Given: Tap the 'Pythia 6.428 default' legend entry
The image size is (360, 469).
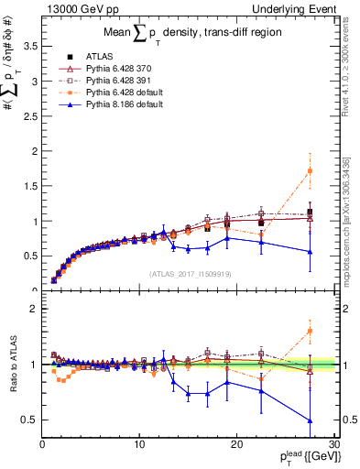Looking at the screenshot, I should (126, 93).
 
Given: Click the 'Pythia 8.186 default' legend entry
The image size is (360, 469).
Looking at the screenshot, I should (126, 104).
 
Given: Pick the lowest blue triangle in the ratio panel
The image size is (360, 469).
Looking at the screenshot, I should (310, 420).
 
